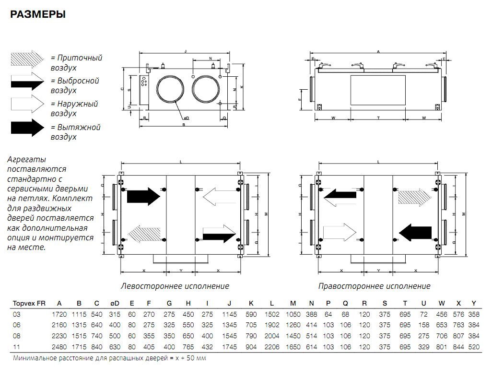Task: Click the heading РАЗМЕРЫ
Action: tap(38, 15)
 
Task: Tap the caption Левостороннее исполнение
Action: tap(175, 286)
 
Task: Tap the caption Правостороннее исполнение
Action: tap(374, 286)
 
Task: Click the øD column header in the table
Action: tap(115, 303)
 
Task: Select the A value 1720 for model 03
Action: tap(59, 315)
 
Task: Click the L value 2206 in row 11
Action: tap(271, 346)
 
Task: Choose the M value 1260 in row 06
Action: tap(293, 325)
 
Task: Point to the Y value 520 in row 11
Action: tap(474, 346)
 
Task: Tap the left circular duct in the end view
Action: tap(169, 89)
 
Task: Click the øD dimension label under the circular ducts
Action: tap(186, 118)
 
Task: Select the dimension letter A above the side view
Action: tap(378, 51)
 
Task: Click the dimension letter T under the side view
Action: tap(378, 118)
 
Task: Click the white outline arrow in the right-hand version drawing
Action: tap(340, 232)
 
